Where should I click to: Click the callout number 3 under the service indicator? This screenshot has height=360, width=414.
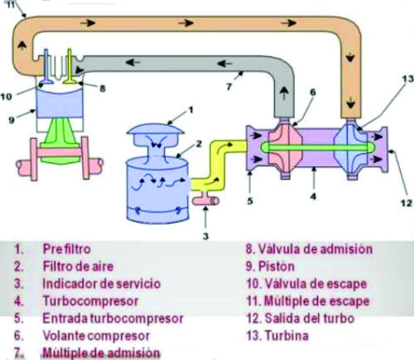[x=205, y=236]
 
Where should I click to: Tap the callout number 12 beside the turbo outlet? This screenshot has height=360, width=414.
[x=406, y=203]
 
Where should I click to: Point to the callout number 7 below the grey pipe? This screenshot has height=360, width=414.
[x=229, y=87]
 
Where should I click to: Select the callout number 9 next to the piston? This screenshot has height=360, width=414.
[x=12, y=120]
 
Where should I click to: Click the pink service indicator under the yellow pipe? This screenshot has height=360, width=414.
[x=205, y=201]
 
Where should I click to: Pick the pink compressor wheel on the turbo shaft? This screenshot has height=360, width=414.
[x=286, y=148]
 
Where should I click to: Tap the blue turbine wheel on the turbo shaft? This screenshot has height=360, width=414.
[x=352, y=148]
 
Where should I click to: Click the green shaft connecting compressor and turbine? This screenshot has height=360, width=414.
[x=317, y=147]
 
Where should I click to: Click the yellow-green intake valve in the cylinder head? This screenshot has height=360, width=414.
[x=70, y=68]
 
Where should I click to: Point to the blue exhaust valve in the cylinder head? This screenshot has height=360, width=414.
[x=46, y=68]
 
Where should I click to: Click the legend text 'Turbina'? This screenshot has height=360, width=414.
[x=286, y=336]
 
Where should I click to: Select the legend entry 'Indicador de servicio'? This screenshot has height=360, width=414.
[x=101, y=284]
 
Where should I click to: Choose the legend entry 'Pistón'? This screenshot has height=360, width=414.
[x=277, y=266]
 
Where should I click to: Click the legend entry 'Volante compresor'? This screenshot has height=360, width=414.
[x=96, y=336]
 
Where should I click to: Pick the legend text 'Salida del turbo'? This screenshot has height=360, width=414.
[x=310, y=319]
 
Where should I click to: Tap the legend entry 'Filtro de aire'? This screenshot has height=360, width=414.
[x=78, y=266]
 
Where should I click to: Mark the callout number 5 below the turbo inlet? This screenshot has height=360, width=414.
[x=250, y=201]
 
